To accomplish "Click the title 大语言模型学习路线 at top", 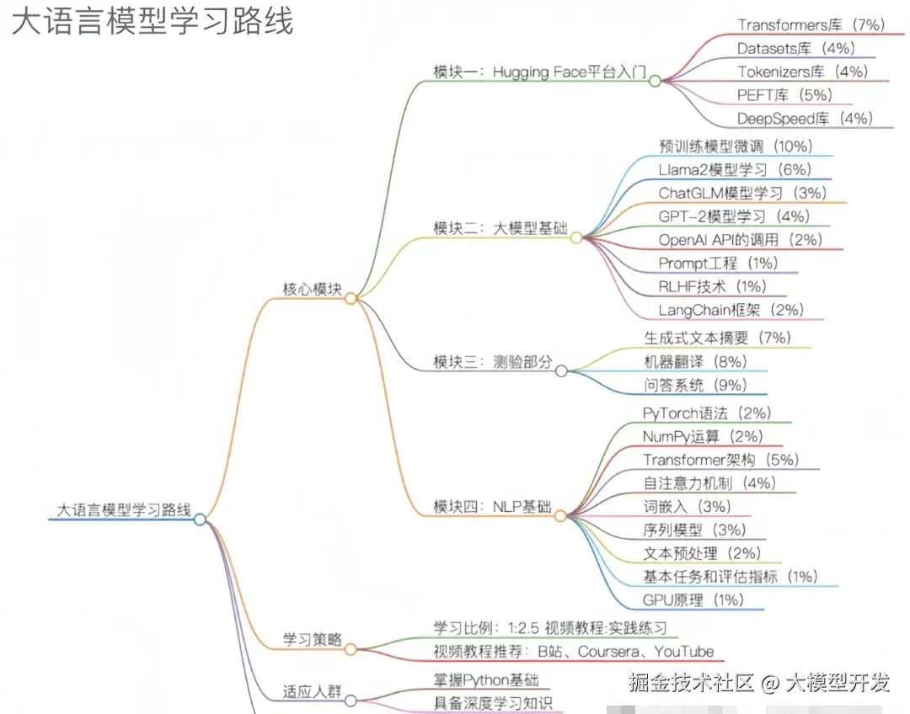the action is pos(153,22).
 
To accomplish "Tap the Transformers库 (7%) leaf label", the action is pos(810,25).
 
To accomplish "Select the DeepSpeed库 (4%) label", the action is pos(805,119).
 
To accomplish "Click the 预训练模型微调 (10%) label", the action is pos(735,146).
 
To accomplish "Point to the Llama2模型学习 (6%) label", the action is pos(735,169).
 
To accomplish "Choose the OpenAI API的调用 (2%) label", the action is pos(740,240).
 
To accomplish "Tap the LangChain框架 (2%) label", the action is pos(731,310).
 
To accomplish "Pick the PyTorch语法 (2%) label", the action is pos(706,413).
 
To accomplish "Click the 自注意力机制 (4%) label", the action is pos(709,483).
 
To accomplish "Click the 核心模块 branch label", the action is pos(312,289).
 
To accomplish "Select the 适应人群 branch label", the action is pos(312,693).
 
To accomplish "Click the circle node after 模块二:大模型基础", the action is pos(576,238).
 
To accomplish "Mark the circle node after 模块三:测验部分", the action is pos(561,370).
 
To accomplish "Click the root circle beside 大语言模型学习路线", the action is pos(200,520).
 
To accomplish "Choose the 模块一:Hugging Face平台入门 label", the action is pos(539,72).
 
